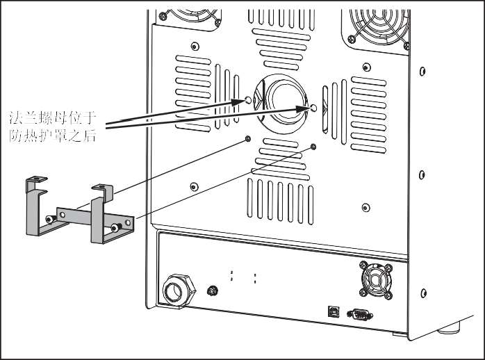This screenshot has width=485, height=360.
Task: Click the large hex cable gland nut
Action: point(179,291)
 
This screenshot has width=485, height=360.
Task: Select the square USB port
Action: point(334,311)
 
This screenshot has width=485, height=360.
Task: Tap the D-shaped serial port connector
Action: point(360,315)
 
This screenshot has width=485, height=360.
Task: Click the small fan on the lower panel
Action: point(376,280)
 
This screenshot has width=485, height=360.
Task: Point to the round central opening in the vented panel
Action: point(281,104)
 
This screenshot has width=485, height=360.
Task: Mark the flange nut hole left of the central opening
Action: point(248,99)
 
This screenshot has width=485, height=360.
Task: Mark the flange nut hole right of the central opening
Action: point(313,108)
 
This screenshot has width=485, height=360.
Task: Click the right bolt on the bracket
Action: point(116,228)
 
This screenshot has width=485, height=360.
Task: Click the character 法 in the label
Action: point(15,118)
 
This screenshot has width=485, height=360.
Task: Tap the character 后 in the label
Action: point(90,136)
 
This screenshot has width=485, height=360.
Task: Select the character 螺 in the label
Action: point(45,118)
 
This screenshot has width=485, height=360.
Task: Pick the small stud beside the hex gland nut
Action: point(212,291)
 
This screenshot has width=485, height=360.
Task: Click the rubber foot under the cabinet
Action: point(449,328)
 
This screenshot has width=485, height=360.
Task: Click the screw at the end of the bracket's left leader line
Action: point(248,139)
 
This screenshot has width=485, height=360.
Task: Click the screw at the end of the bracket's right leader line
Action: point(313,147)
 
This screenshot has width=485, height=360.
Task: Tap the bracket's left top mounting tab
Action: point(37,179)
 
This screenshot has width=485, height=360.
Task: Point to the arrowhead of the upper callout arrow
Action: point(238,101)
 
